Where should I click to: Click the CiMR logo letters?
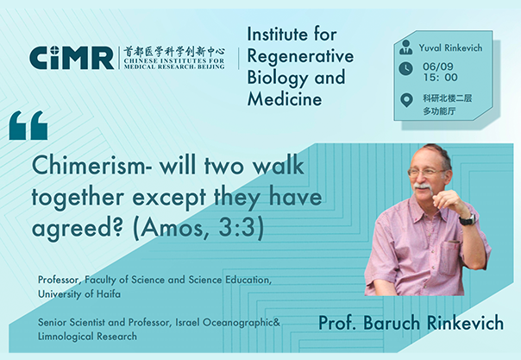pyautogui.click(x=72, y=58)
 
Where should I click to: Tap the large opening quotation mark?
pyautogui.click(x=28, y=125)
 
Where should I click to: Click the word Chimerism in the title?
pyautogui.click(x=89, y=166)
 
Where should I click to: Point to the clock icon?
pyautogui.click(x=405, y=69)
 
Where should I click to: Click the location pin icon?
pyautogui.click(x=406, y=101)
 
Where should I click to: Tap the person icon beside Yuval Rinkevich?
pyautogui.click(x=405, y=47)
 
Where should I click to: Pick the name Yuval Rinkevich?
pyautogui.click(x=450, y=47)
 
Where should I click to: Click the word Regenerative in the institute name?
pyautogui.click(x=300, y=56)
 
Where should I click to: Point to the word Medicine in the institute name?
pyautogui.click(x=285, y=98)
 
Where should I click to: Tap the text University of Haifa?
pyautogui.click(x=79, y=294)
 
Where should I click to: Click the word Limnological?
pyautogui.click(x=62, y=336)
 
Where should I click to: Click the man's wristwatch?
pyautogui.click(x=468, y=219)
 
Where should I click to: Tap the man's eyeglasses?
pyautogui.click(x=425, y=172)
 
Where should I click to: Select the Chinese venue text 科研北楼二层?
pyautogui.click(x=447, y=98)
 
